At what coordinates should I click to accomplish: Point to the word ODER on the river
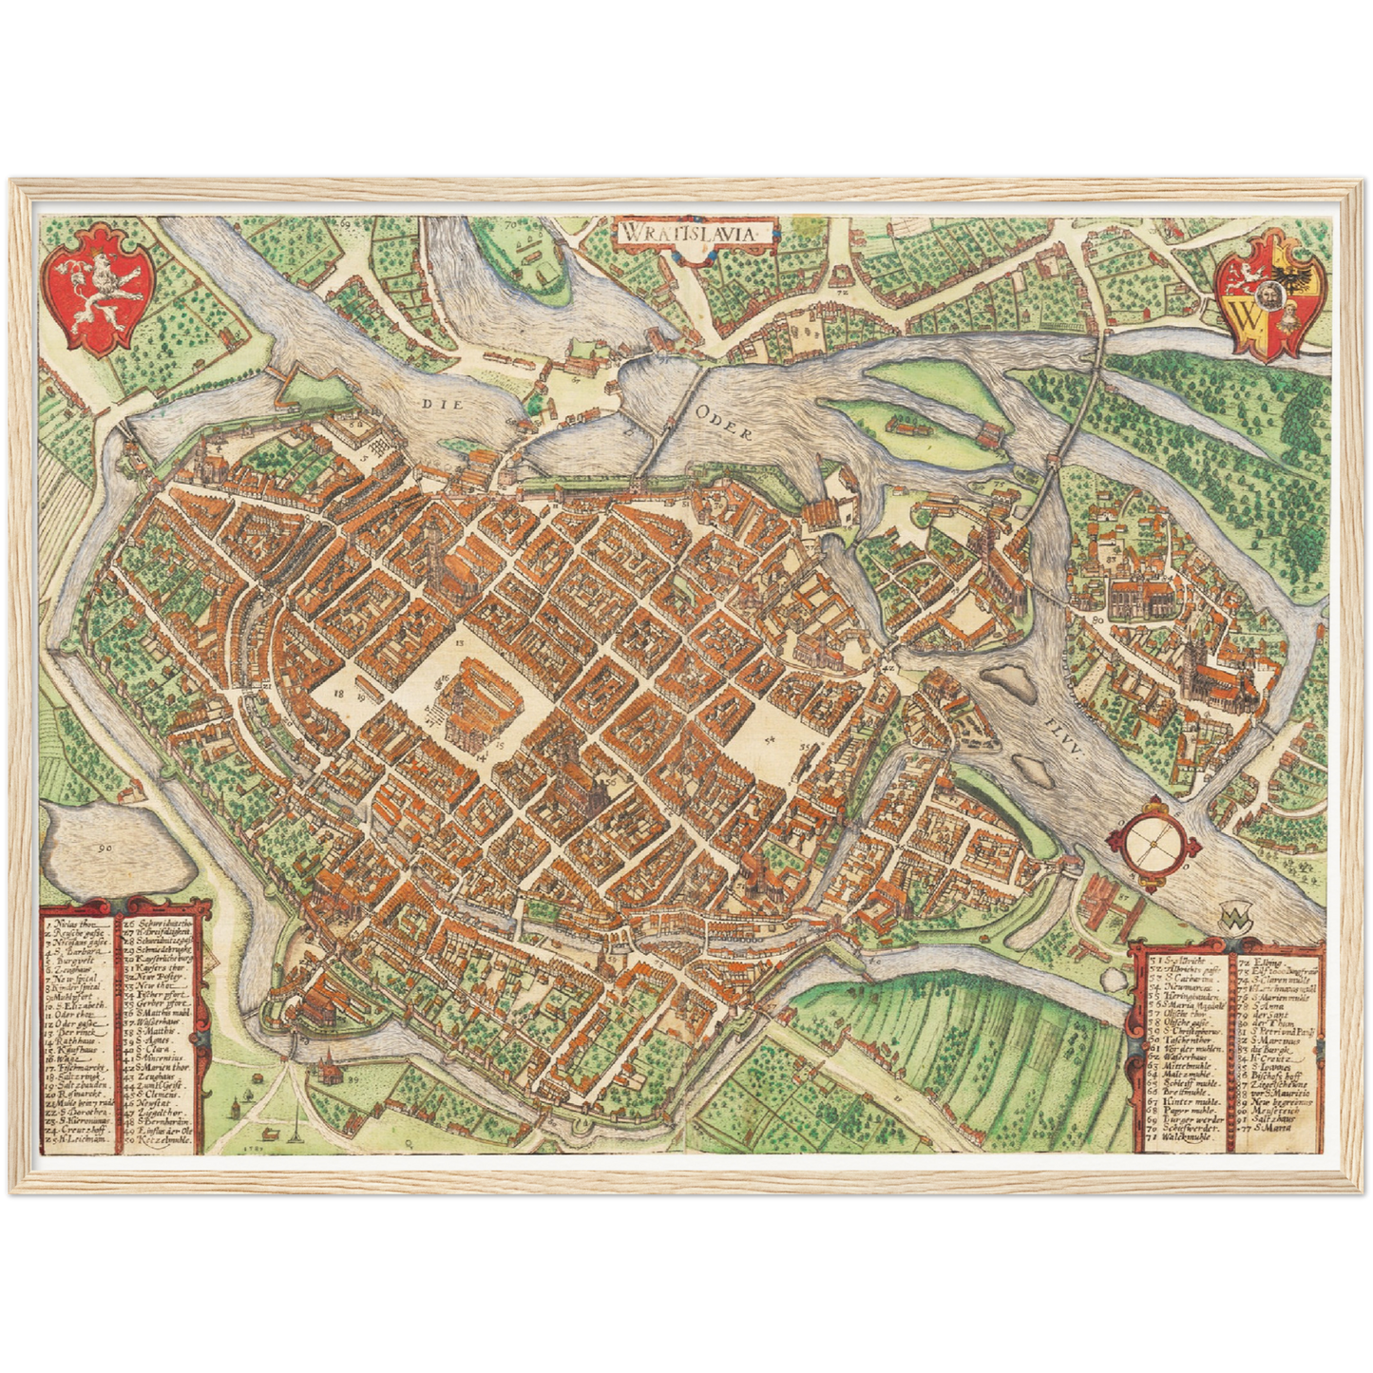pos(726,430)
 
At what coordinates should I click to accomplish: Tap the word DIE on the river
pos(440,403)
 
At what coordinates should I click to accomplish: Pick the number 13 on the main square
pos(459,643)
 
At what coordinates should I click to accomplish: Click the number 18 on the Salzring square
pos(337,695)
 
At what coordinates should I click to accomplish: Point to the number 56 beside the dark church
pos(610,780)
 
